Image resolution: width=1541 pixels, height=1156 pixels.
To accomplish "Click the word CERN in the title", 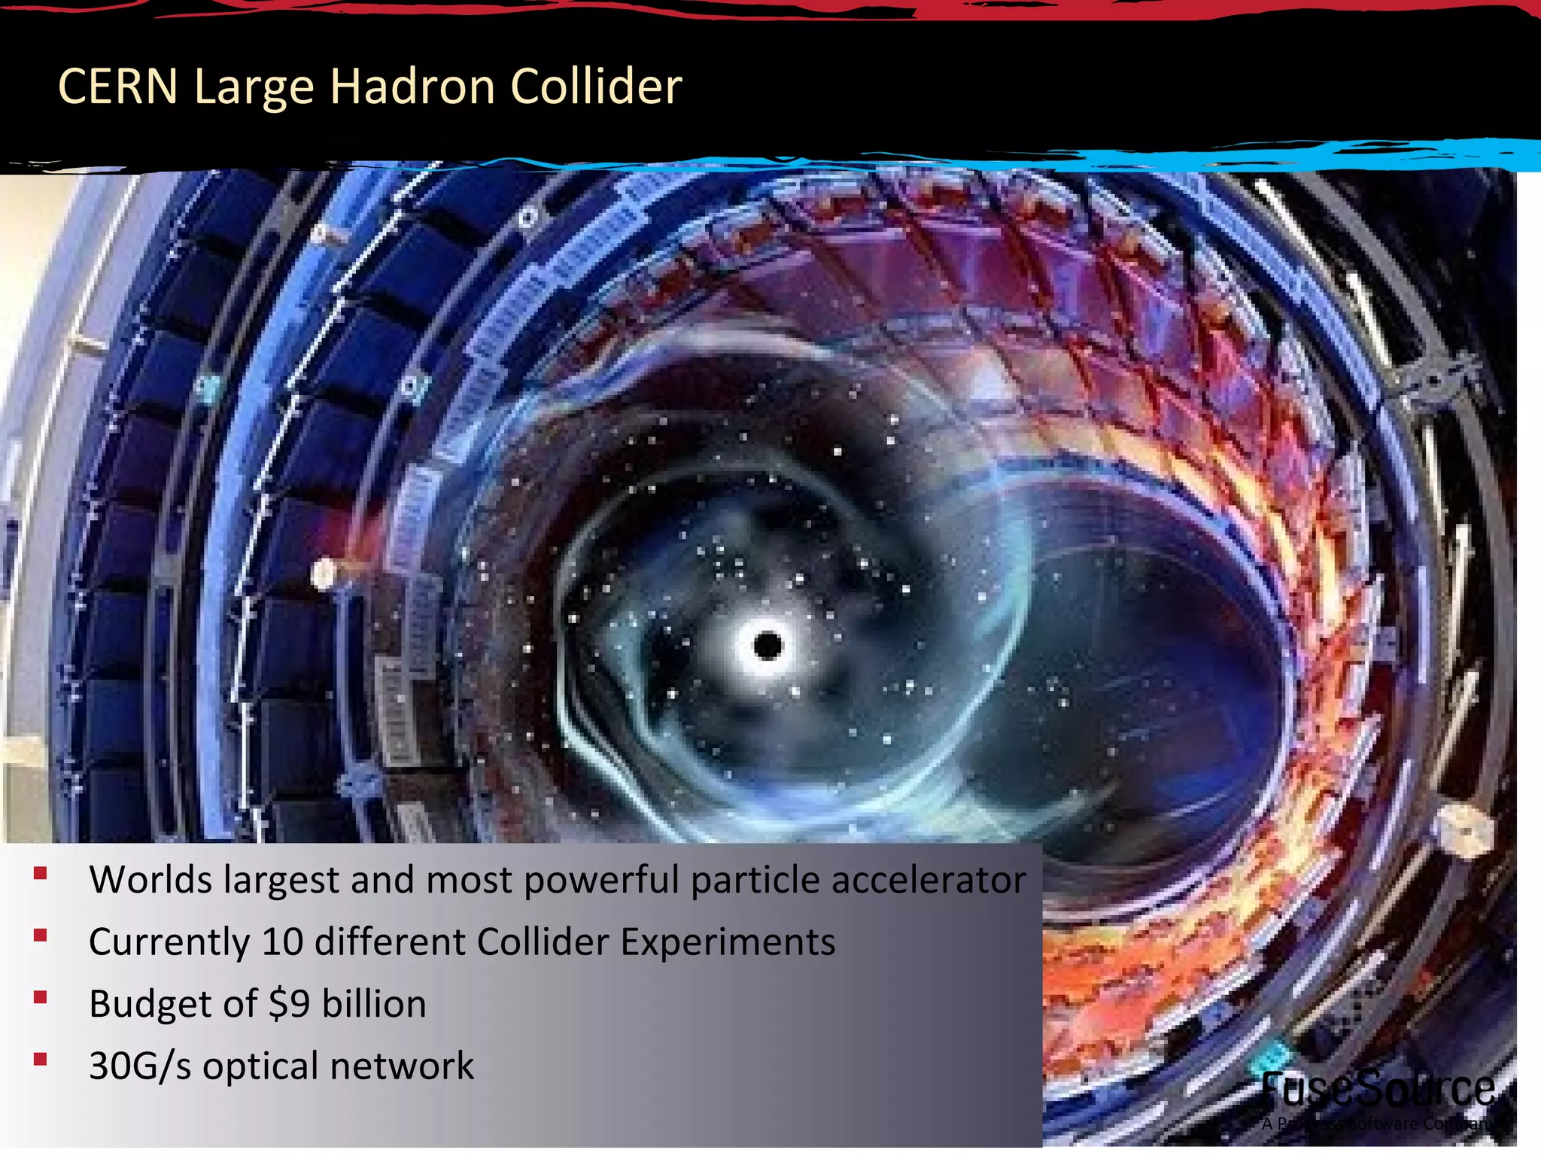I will pos(117,86).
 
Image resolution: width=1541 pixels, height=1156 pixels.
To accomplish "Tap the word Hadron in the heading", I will pos(412,86).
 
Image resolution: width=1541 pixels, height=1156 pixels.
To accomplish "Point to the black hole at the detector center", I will pos(767,646).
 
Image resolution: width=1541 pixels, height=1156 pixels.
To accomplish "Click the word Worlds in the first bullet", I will pos(150,879).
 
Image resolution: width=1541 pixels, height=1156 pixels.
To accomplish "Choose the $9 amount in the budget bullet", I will pos(289,1004).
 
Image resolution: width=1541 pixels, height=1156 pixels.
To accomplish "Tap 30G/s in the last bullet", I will pos(140,1066).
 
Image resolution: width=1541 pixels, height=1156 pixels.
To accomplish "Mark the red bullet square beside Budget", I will pos(41,998).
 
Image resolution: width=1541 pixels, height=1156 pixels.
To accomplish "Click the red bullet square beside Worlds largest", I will pos(41,874).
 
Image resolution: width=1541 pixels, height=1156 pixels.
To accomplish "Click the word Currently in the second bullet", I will pos(169,942).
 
